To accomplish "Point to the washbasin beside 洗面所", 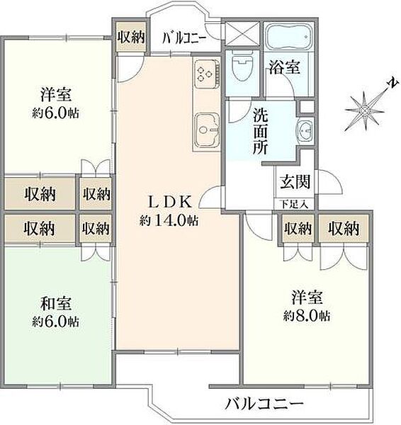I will [x=305, y=132].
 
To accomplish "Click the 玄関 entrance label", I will [x=293, y=181].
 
